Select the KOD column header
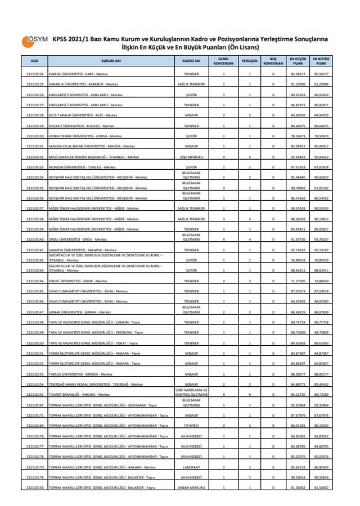[x=35, y=60]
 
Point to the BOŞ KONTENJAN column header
[x=273, y=60]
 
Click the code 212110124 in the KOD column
[x=35, y=74]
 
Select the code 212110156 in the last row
[x=35, y=488]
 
